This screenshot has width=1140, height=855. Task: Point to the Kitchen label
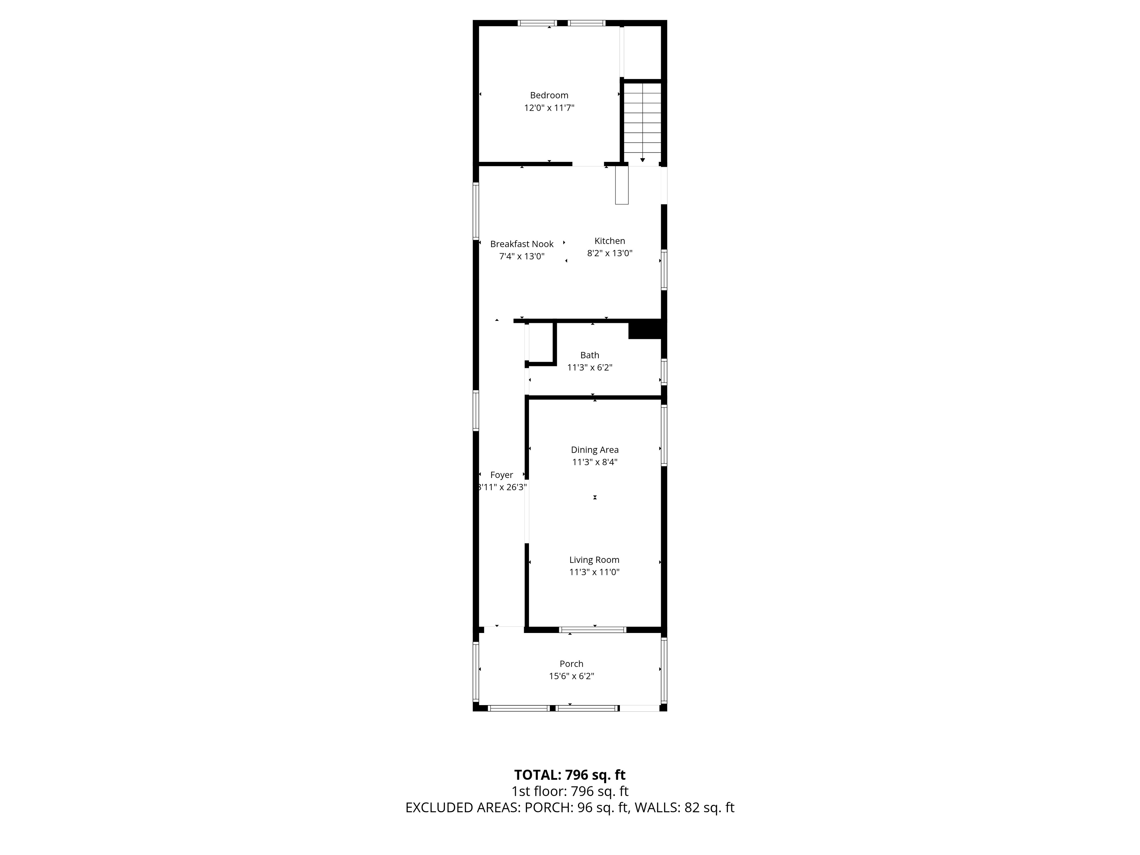point(610,241)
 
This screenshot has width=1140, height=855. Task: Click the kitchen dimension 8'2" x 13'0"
point(610,253)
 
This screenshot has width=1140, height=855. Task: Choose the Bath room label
point(590,355)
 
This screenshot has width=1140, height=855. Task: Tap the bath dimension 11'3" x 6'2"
point(590,368)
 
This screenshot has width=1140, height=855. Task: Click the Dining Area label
point(595,450)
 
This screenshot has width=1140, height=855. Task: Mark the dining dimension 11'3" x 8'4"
point(595,462)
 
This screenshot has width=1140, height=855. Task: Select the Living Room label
point(594,560)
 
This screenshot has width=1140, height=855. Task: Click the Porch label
point(571,664)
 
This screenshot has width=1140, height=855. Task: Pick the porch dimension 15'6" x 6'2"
point(571,676)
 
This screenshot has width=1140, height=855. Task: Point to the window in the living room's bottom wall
point(593,630)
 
